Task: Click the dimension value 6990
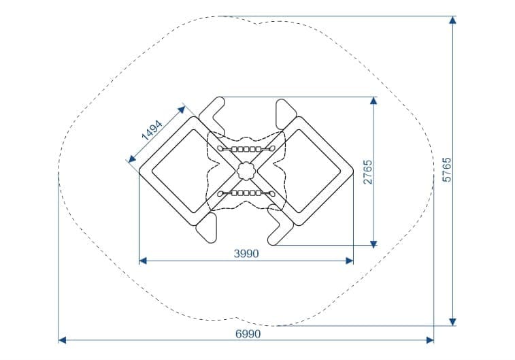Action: click(248, 333)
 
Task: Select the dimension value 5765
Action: click(447, 169)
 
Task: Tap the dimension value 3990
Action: click(246, 254)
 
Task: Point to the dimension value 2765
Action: click(368, 171)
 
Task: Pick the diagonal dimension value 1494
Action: click(152, 131)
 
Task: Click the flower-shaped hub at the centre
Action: click(246, 171)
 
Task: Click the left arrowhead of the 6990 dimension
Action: click(62, 340)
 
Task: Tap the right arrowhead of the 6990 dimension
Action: click(430, 340)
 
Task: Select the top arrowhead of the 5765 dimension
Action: click(452, 20)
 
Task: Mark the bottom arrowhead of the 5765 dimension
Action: click(452, 322)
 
